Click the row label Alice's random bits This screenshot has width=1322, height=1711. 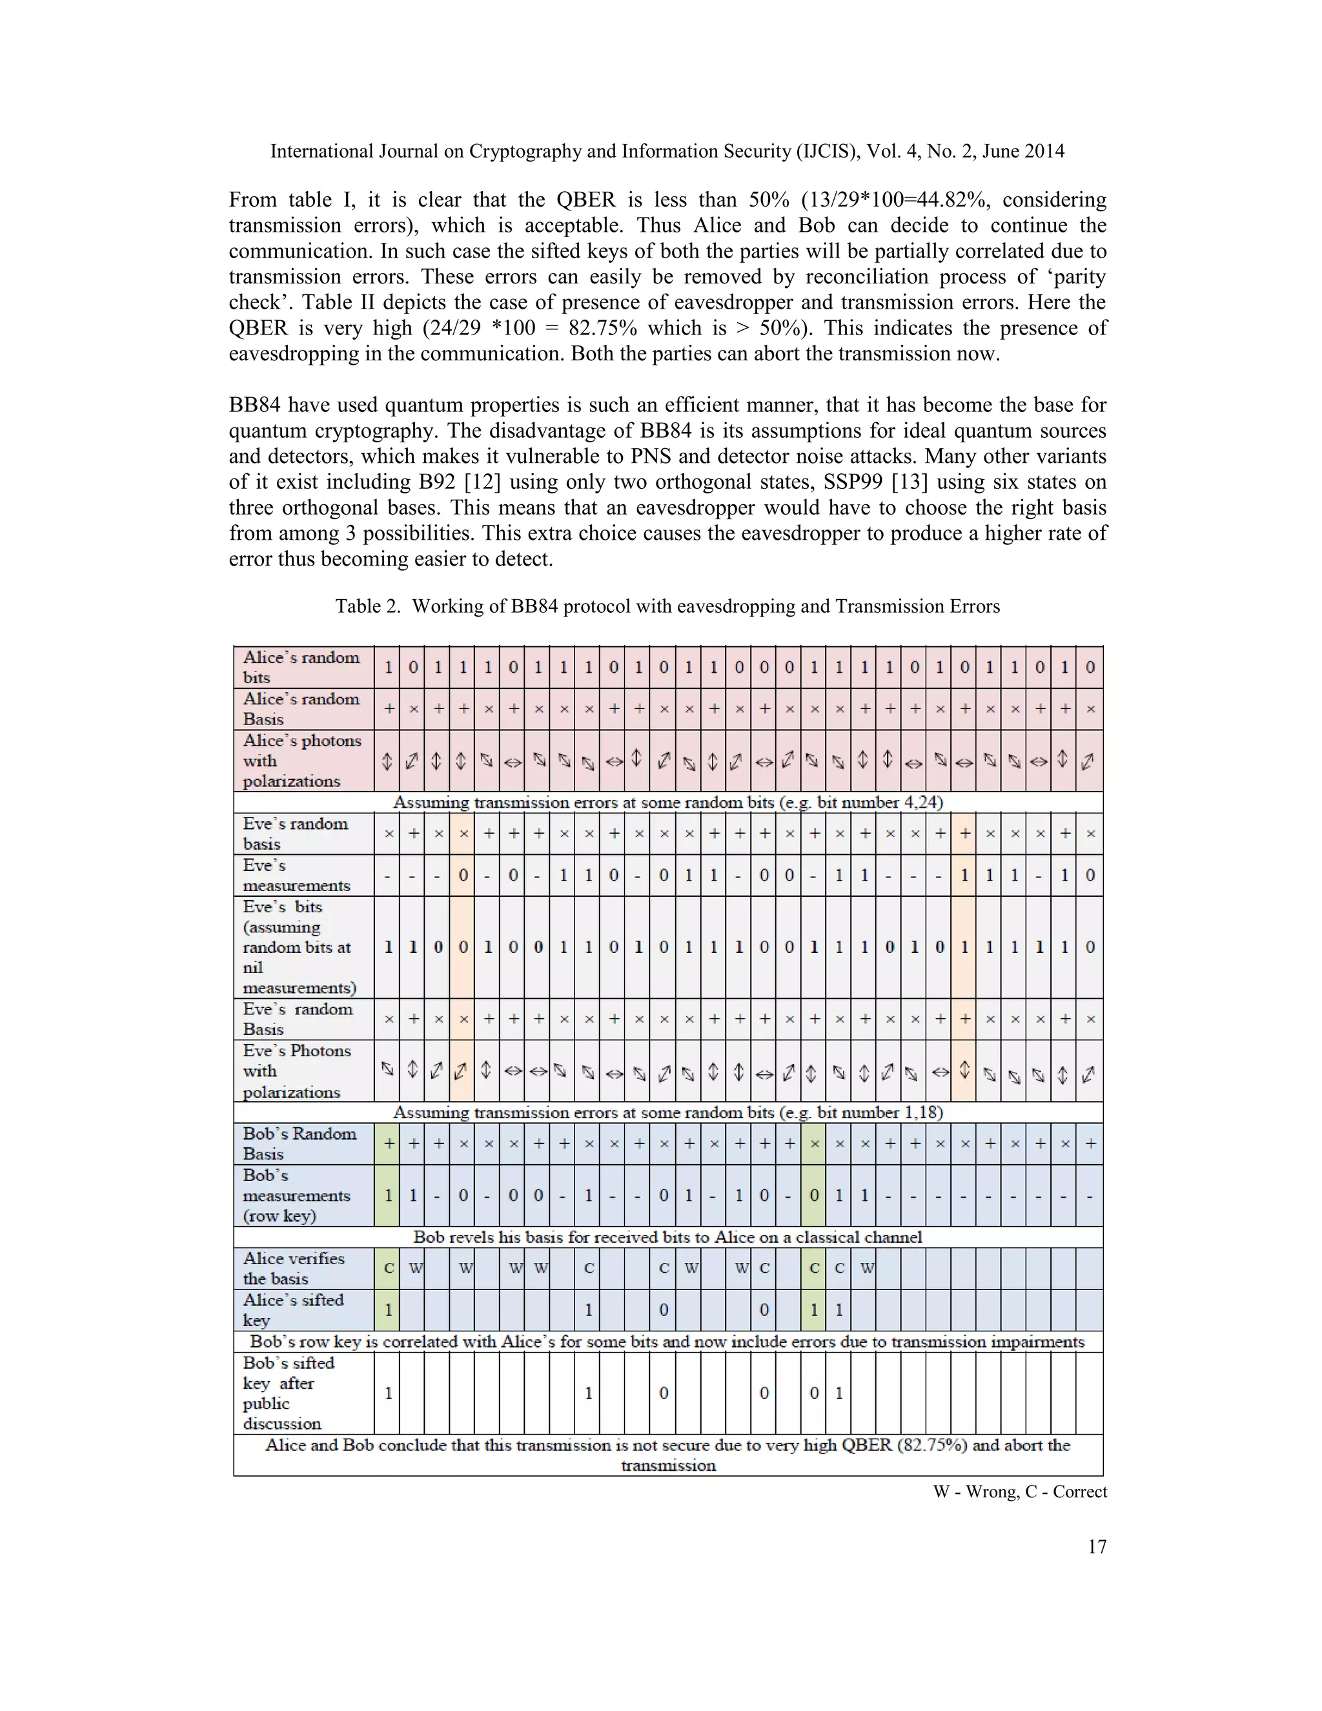tap(301, 668)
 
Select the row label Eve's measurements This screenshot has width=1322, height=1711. tap(296, 875)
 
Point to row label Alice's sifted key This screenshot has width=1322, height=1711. tap(294, 1310)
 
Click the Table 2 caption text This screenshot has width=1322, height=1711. tap(667, 606)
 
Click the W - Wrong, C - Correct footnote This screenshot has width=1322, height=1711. tap(1020, 1491)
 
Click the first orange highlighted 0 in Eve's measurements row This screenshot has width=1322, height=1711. tap(463, 875)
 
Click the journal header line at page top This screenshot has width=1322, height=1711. tap(667, 151)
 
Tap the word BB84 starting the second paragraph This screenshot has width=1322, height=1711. tap(254, 405)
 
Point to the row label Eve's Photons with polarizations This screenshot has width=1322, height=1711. tap(296, 1071)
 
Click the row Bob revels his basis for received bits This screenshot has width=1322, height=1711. tap(667, 1237)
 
